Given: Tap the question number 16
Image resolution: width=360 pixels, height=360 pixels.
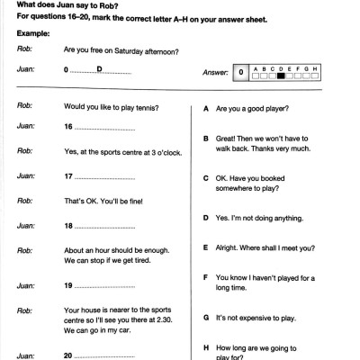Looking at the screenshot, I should [x=68, y=127].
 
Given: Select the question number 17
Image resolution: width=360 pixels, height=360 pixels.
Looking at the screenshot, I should [x=68, y=174].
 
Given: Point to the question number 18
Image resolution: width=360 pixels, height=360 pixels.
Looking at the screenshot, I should [x=68, y=225].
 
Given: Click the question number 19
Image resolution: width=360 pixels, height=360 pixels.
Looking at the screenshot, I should [x=68, y=285].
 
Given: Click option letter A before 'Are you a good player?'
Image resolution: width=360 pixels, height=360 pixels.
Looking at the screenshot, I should [x=207, y=107].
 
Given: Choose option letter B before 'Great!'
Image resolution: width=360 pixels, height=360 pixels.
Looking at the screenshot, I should [x=207, y=139].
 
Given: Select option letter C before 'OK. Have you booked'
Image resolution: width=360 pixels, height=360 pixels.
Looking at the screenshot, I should [x=207, y=178].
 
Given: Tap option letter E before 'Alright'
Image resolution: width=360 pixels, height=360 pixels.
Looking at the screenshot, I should [x=207, y=247].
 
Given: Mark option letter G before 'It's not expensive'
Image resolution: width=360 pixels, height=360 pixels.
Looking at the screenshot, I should [x=207, y=318].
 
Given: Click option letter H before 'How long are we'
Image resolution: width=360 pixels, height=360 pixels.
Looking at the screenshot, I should [x=207, y=346].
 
